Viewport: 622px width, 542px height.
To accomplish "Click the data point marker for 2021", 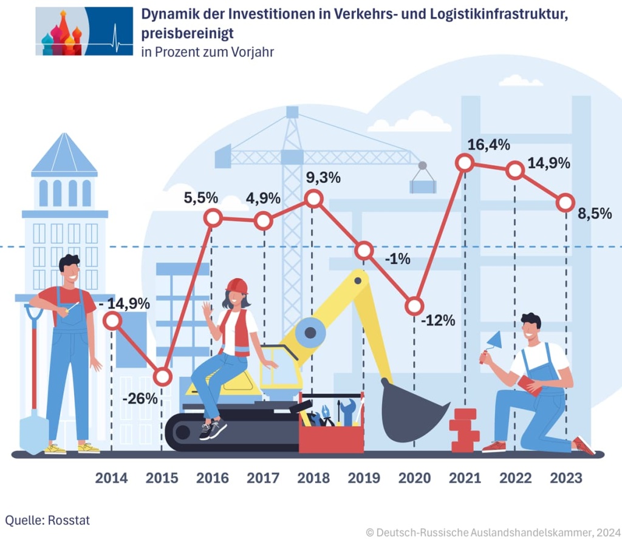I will coord(464,162).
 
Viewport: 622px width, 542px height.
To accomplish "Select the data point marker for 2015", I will coord(162,377).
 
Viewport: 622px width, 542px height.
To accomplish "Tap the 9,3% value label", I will coord(324,178).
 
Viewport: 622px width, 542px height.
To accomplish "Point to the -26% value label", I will coord(140,399).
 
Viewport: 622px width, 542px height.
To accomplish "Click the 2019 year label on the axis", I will coord(364,478).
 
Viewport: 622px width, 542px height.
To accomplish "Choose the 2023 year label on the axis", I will coord(566,478).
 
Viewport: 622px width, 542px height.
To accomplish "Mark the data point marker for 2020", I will coord(414,306).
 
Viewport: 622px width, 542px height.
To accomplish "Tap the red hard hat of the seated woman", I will coord(236,285).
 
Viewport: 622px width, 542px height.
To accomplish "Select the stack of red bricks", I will coord(464,430).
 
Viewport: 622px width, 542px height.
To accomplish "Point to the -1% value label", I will coord(398,259).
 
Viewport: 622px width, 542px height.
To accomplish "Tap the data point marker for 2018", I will coord(313,198).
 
